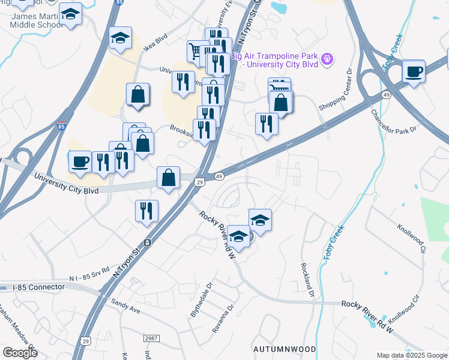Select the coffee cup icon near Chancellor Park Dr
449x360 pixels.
click(x=414, y=71)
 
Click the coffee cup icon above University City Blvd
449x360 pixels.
click(x=80, y=161)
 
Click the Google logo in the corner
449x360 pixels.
click(x=19, y=353)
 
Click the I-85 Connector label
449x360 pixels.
click(x=38, y=287)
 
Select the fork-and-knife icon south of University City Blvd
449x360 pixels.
click(x=146, y=211)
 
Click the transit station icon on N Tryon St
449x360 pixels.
click(x=146, y=243)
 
